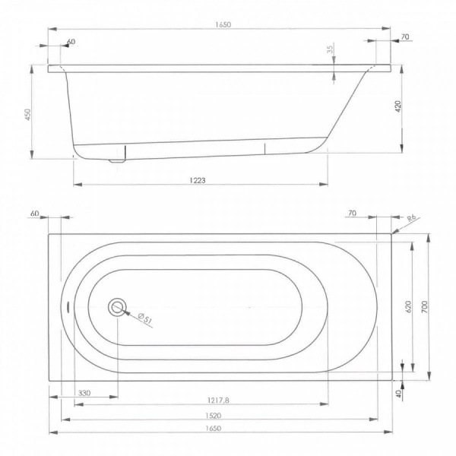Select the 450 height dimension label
pos(29,113)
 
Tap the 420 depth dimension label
pos(397,106)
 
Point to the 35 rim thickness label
pos(330,50)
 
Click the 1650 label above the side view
pos(221,24)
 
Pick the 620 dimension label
pos(408,306)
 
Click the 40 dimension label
pos(398,393)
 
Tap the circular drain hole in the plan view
pos(118,307)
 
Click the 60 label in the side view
pos(71,42)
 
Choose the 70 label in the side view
pos(404,36)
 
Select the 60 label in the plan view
pos(35,214)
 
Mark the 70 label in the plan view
pos(351,214)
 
